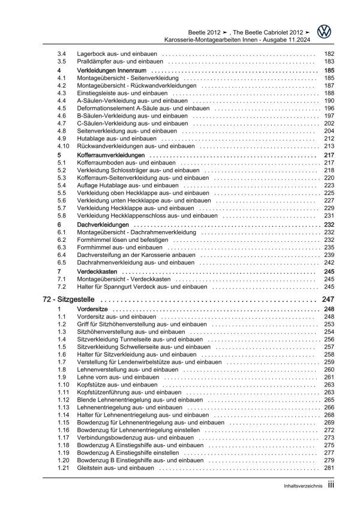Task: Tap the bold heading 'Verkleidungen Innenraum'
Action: point(98,70)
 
